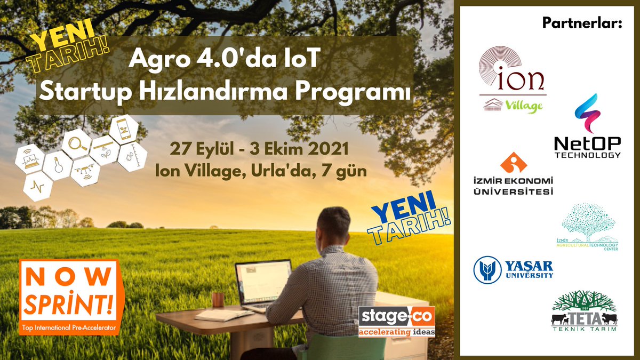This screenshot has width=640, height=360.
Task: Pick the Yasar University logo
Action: point(513,269)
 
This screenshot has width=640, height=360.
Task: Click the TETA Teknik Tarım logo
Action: point(584,312)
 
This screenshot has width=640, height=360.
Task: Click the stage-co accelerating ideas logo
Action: point(396,321)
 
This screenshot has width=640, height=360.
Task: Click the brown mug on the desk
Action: point(218,299)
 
